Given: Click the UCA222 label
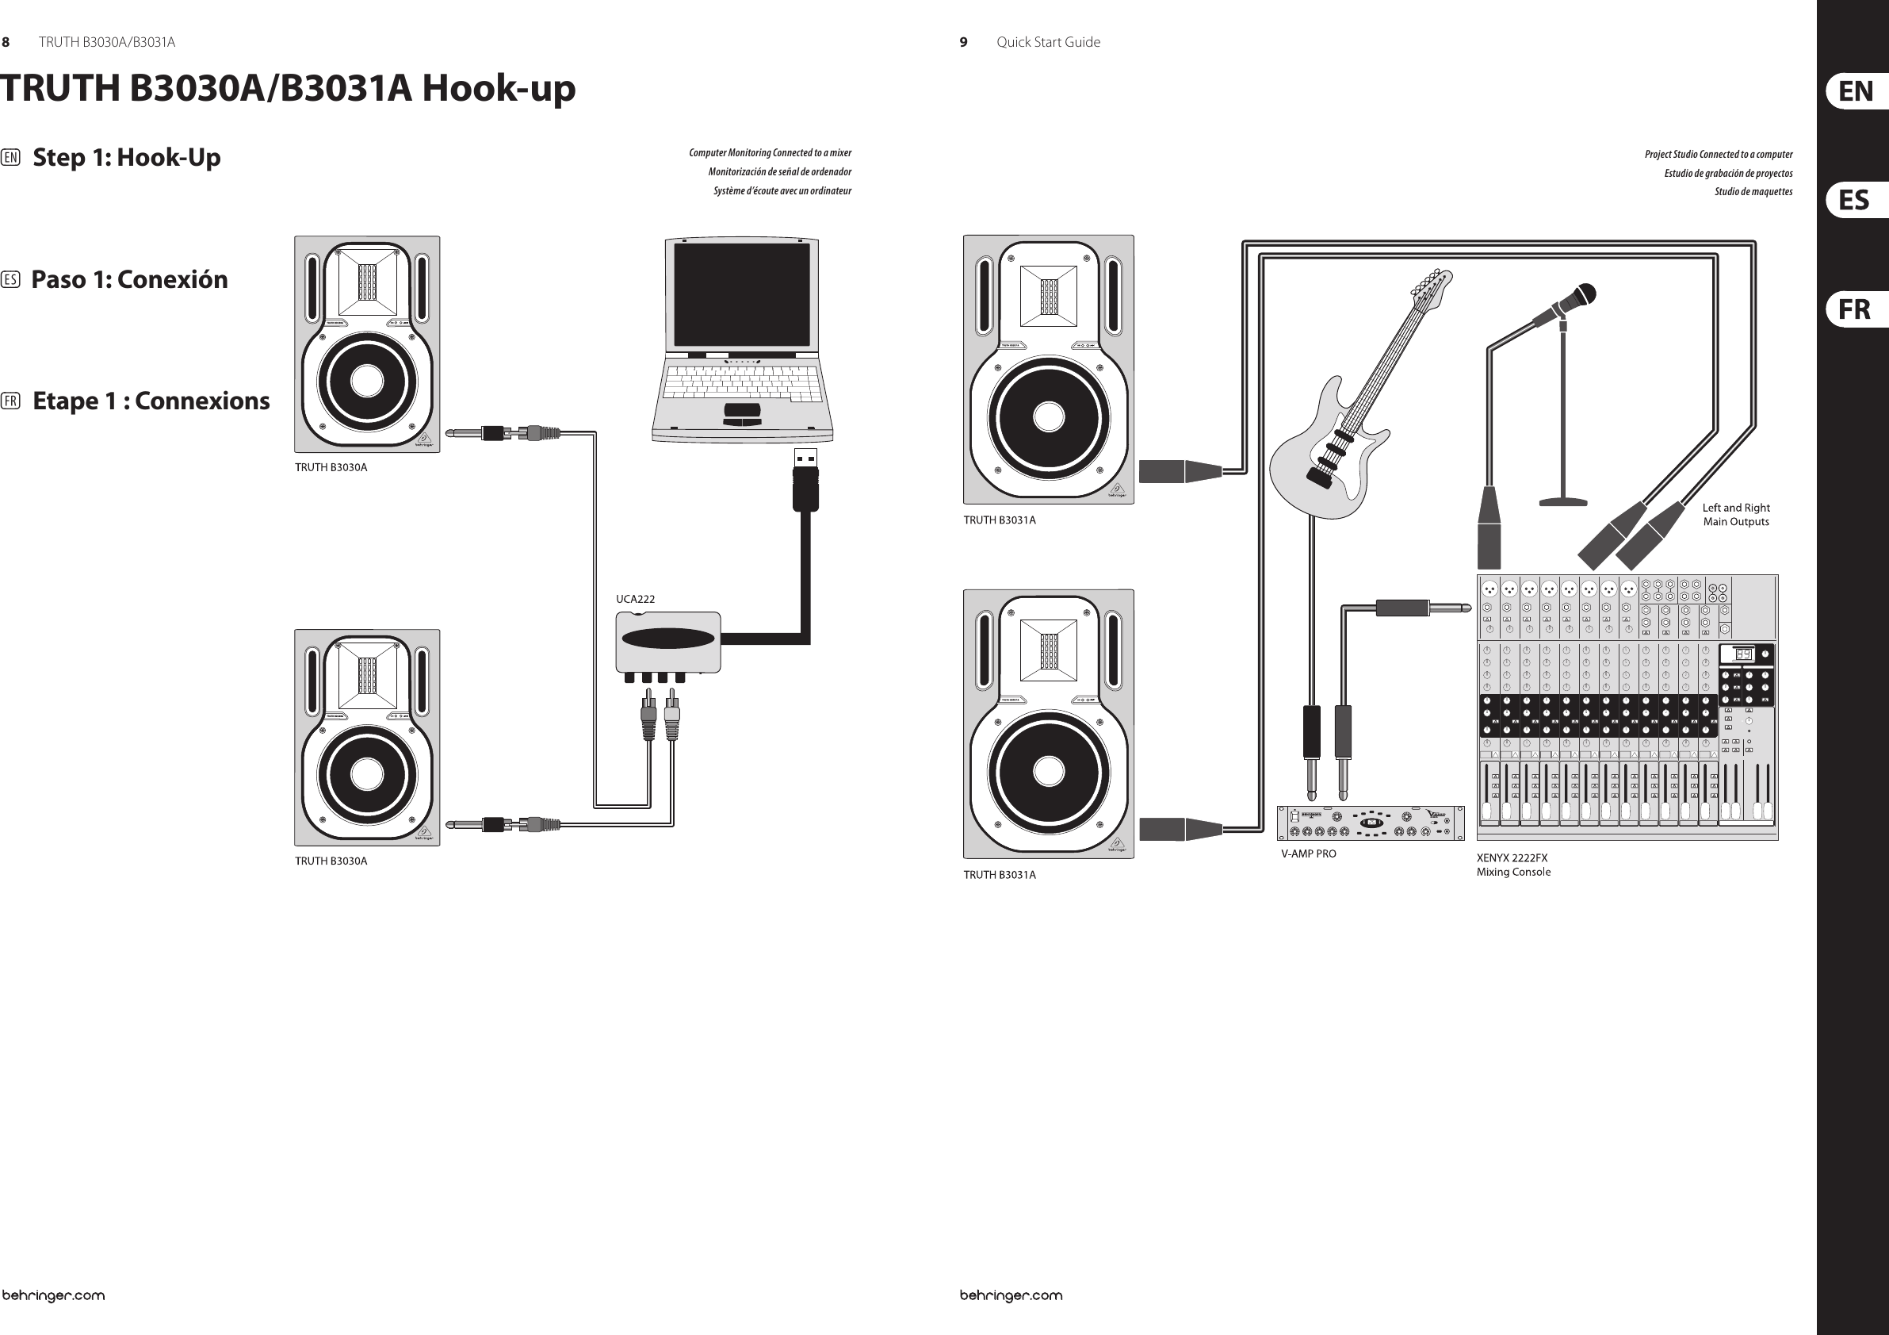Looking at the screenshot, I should [635, 599].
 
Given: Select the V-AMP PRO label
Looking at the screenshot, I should [1308, 854].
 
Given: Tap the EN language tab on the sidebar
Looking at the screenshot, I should [1855, 91].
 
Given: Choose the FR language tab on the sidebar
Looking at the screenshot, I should [1854, 309].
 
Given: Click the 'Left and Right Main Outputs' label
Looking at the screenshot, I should [1736, 515].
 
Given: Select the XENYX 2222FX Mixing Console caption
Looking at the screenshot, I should [1513, 865].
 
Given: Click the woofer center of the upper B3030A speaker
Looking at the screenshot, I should [367, 381].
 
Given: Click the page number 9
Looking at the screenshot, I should [963, 42].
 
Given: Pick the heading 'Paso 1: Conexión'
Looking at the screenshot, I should [129, 280].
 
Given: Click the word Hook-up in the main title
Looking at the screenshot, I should [499, 89].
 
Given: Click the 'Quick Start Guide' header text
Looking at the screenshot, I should [1047, 42].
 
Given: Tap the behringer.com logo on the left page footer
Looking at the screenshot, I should [53, 1295].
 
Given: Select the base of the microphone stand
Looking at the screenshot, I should [1563, 500].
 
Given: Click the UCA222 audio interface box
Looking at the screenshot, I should [668, 643].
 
